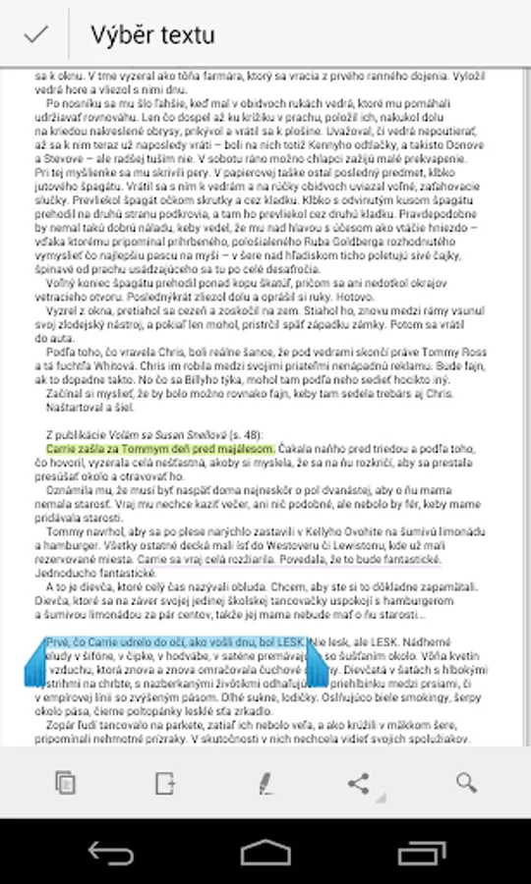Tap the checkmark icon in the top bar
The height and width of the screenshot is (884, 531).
(x=36, y=34)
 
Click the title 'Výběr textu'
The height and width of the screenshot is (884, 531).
(x=152, y=35)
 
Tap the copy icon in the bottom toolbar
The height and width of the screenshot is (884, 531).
(x=65, y=783)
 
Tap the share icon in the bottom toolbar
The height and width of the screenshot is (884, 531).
(x=359, y=783)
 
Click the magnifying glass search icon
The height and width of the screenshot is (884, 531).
(x=466, y=783)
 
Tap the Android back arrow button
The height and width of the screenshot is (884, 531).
(x=110, y=852)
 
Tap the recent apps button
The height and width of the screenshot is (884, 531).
(x=422, y=852)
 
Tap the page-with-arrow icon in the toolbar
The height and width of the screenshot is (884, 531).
(x=163, y=783)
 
